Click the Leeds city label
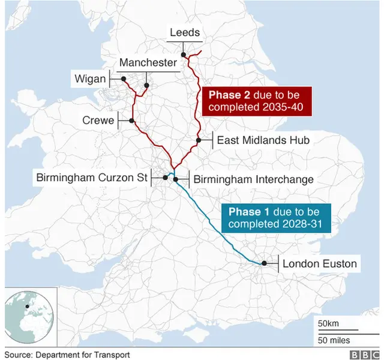tap(185, 33)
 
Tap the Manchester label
tap(148, 63)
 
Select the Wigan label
tap(90, 79)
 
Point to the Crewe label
tap(98, 121)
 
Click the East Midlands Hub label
tap(262, 140)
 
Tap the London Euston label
tap(319, 263)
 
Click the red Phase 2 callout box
tap(257, 101)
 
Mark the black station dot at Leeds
tap(184, 55)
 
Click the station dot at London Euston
tap(263, 263)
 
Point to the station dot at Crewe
tap(131, 121)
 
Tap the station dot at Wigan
tap(122, 79)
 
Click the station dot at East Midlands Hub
tap(198, 140)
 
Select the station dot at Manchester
tap(146, 85)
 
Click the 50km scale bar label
tap(328, 324)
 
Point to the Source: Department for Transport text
tap(67, 355)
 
